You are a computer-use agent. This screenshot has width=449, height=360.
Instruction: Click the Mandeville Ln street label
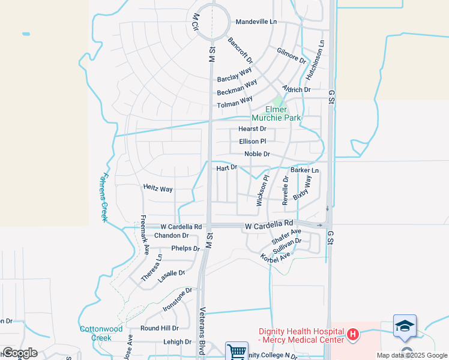tap(256, 22)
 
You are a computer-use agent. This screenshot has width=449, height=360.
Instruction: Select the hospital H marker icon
tap(353, 334)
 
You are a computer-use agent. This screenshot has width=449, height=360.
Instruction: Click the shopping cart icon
tap(237, 352)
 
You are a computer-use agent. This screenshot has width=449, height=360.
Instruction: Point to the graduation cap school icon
tap(405, 326)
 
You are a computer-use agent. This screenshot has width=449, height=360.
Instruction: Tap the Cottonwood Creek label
tap(101, 333)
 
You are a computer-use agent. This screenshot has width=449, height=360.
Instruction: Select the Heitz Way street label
tap(158, 188)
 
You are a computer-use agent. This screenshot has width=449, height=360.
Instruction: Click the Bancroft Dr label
tap(240, 51)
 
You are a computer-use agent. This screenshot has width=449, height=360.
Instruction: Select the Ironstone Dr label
tap(177, 299)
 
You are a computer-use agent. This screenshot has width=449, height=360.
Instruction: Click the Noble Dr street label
tap(257, 154)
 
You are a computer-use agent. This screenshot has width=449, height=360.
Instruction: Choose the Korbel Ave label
tap(275, 256)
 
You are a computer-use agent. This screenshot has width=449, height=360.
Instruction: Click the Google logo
tap(19, 353)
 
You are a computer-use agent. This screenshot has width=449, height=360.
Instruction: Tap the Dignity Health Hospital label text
tap(301, 335)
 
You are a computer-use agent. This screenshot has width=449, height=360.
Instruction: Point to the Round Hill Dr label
tap(159, 328)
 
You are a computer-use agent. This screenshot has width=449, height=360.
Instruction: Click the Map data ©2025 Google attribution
tap(411, 355)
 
